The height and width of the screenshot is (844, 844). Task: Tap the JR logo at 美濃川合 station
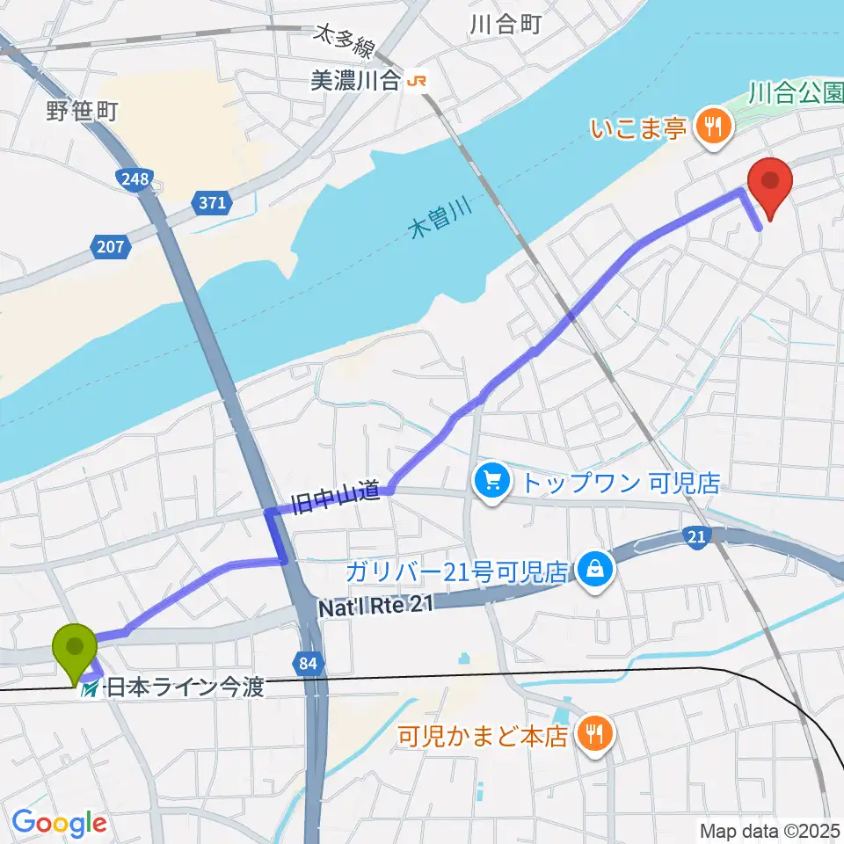(417, 82)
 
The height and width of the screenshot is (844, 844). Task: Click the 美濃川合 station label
(355, 82)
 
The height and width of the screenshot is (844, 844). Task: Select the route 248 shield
(131, 180)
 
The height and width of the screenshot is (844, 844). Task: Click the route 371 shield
(212, 204)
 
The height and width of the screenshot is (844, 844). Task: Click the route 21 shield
(695, 536)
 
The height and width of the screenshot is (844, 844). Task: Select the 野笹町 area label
(82, 110)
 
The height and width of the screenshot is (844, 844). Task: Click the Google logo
(60, 823)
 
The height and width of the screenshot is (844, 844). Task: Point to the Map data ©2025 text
(768, 830)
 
